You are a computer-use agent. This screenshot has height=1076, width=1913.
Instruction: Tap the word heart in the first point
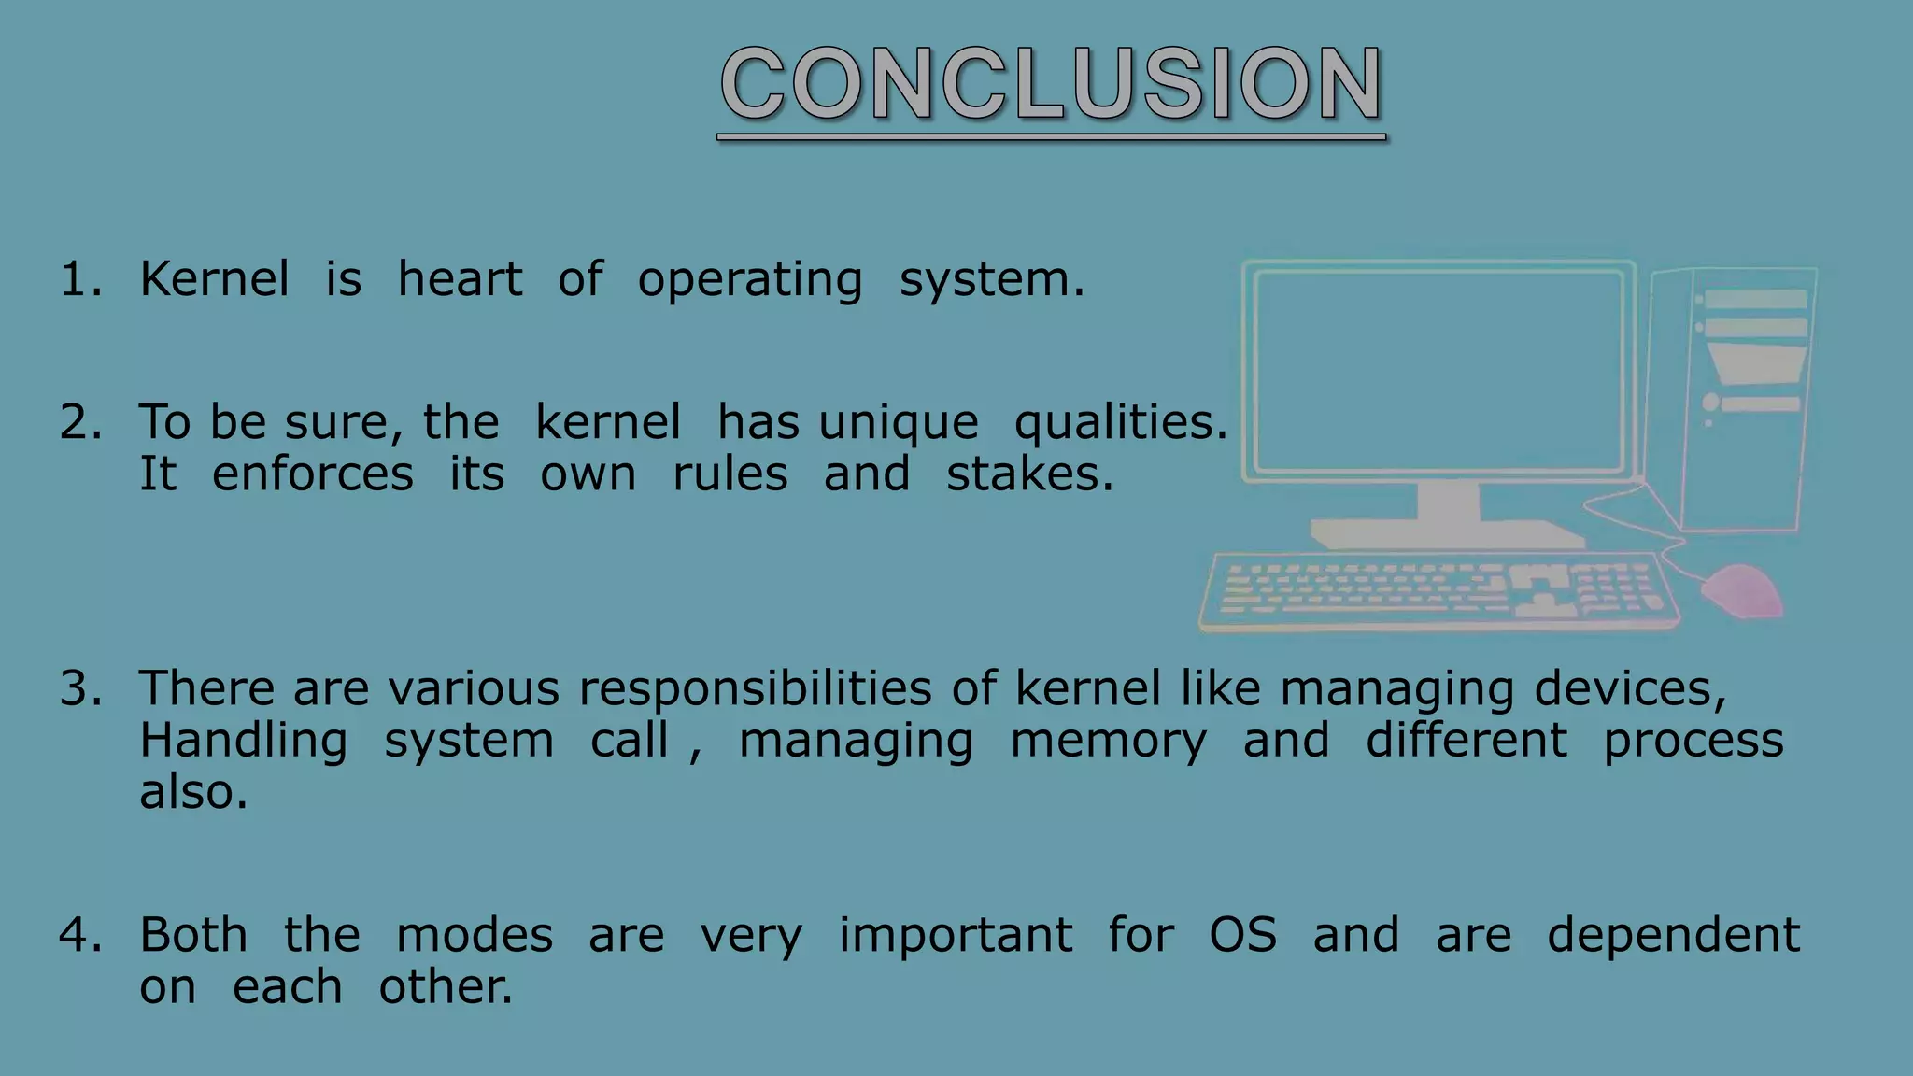click(x=460, y=279)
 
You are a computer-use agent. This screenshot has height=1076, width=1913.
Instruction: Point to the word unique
click(x=899, y=423)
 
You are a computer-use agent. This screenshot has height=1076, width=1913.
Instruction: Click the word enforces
click(x=312, y=474)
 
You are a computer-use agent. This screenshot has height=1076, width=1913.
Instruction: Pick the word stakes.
click(x=1029, y=474)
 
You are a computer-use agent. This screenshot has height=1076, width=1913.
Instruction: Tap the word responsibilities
click(x=755, y=689)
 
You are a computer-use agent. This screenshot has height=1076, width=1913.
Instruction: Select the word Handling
click(x=243, y=741)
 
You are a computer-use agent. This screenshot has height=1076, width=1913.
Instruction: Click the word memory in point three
click(x=1108, y=742)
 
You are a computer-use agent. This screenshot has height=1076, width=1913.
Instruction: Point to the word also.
click(x=193, y=792)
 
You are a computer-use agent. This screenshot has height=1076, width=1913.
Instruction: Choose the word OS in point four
click(x=1242, y=935)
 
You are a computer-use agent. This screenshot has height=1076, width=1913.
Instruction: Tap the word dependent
click(x=1673, y=935)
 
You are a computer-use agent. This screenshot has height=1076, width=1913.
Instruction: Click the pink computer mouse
click(x=1743, y=590)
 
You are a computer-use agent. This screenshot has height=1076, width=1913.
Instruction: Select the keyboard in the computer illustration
click(x=1438, y=591)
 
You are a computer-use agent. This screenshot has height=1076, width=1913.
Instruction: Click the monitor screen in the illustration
click(x=1438, y=372)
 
